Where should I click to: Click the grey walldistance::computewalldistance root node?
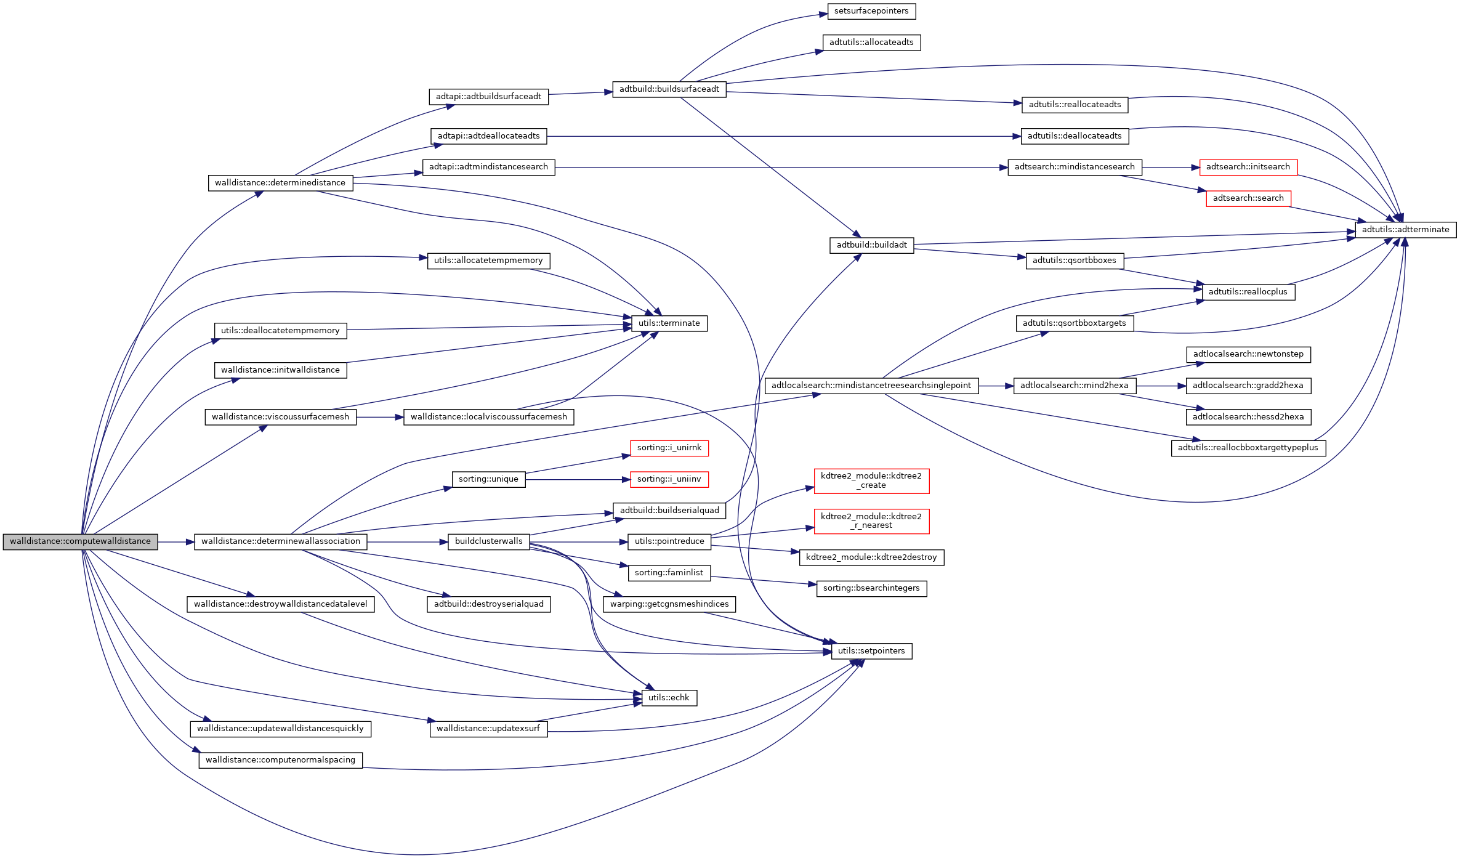pos(80,541)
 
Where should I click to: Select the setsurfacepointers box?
pos(871,11)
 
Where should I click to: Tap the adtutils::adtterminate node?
pos(1405,230)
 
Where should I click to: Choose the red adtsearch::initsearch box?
pos(1248,167)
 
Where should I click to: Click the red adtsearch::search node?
pos(1248,198)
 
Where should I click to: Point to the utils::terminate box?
pos(669,323)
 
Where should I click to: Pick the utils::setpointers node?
pos(871,651)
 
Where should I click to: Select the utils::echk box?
pos(669,698)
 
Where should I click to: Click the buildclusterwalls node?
pos(488,541)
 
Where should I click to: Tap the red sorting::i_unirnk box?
pos(669,448)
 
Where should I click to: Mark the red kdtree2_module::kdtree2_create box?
pos(871,480)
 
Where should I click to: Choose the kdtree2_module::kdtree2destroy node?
pos(871,557)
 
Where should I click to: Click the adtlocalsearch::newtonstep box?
pos(1248,354)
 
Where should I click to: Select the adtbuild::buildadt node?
pos(871,245)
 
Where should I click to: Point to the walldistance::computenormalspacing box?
pos(280,760)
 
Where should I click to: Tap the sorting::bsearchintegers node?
pos(871,588)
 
